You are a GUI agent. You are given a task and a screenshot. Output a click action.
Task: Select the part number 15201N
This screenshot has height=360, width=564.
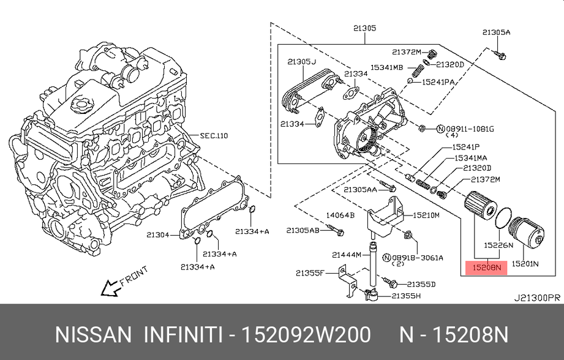525,264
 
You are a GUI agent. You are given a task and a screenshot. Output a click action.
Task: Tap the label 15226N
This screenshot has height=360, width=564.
498,246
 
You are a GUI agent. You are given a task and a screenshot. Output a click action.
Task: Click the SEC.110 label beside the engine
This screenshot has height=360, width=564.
214,135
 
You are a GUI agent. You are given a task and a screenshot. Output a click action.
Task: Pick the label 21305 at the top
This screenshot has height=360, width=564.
364,28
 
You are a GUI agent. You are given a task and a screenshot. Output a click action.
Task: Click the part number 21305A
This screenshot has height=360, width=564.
495,32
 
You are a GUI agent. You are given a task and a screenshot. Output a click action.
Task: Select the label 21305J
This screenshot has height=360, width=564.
301,62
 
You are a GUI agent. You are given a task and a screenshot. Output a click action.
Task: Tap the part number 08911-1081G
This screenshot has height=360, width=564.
469,129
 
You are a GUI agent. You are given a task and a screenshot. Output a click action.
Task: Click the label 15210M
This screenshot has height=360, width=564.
427,215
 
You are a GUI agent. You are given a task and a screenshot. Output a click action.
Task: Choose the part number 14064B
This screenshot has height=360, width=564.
340,215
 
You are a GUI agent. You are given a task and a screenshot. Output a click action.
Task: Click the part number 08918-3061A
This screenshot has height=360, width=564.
419,258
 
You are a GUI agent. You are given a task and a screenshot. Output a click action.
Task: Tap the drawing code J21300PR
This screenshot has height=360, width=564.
536,298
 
